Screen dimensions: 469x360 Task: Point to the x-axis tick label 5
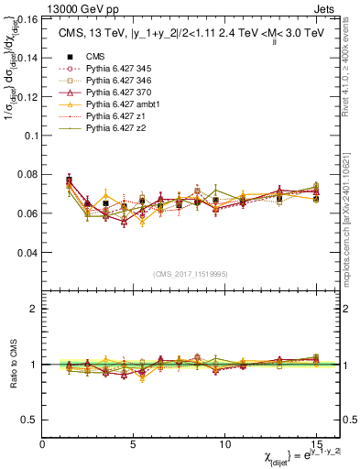[134, 443]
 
